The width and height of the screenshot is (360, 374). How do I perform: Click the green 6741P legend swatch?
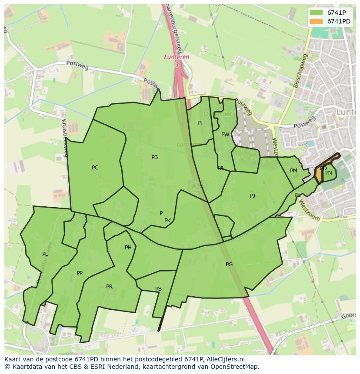[x=317, y=12]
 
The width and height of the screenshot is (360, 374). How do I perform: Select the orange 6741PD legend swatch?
[x=317, y=21]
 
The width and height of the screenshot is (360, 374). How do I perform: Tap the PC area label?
[x=95, y=168]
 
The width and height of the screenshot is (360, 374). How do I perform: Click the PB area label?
[x=154, y=157]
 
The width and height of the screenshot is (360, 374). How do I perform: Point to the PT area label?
[x=200, y=123]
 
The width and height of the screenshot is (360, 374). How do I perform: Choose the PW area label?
[x=225, y=135]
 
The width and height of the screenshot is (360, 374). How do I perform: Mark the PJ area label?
[x=252, y=196]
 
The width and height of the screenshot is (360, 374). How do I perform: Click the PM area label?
[x=293, y=171]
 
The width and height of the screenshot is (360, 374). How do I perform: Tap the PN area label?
[x=329, y=173]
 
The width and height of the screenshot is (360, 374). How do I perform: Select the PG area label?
[x=229, y=265]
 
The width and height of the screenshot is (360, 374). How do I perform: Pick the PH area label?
[x=128, y=248]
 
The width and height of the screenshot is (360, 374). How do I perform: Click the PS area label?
[x=158, y=289]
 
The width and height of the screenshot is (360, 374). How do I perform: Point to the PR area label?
[x=109, y=287]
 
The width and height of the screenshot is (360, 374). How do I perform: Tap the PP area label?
[x=79, y=273]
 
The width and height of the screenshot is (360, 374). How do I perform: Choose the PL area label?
[x=45, y=254]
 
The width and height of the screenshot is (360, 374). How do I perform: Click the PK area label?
[x=167, y=221]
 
